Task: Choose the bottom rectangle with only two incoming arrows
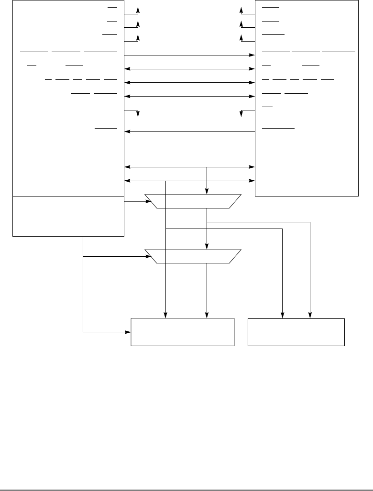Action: (296, 332)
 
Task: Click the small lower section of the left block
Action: (68, 216)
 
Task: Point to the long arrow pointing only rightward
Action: (189, 55)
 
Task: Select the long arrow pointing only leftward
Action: (189, 131)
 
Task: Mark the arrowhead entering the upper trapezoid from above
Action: (207, 192)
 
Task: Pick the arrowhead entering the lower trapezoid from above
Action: (207, 246)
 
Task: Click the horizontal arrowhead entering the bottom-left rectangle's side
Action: (129, 331)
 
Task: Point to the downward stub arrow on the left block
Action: (138, 114)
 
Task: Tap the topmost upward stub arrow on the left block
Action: (138, 11)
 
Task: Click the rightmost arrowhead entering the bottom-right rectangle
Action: (310, 315)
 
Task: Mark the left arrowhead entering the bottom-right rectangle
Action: (283, 315)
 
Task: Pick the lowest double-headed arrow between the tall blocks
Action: (189, 181)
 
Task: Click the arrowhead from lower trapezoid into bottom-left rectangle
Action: (207, 315)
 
